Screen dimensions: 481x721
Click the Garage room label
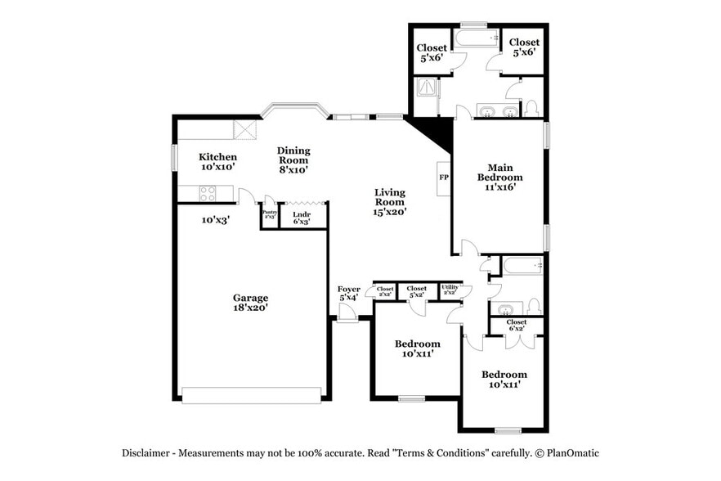pos(250,303)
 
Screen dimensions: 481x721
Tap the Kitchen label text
pos(218,161)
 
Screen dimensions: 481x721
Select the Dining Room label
pos(293,160)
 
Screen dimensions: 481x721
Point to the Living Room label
pos(389,202)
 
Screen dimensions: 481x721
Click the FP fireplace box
pos(444,178)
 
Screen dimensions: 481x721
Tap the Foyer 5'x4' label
pos(349,294)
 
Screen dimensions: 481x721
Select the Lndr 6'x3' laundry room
pos(302,217)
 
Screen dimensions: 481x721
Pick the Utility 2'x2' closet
pos(450,290)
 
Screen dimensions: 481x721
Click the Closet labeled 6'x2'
pos(516,326)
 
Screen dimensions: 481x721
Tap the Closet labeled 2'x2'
pos(385,291)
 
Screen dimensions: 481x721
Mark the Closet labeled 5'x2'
pos(417,291)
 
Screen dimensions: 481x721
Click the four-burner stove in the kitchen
pos(208,194)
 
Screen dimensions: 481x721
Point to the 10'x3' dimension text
pos(216,219)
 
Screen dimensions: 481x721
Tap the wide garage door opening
pos(252,395)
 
